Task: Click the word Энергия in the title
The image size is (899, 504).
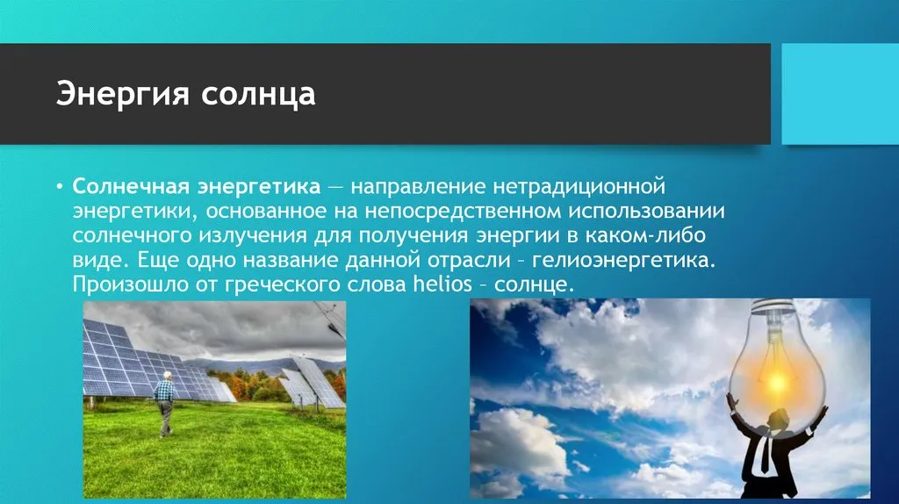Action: point(122,94)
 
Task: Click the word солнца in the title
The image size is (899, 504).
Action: point(258,95)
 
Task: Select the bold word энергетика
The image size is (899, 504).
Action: point(259,187)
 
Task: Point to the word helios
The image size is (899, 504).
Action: point(442,284)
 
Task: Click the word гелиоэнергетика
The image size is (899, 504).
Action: point(624,260)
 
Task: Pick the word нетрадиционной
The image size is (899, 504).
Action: point(579,187)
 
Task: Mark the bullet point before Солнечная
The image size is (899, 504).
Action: point(59,187)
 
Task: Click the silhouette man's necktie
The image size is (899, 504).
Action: point(765,456)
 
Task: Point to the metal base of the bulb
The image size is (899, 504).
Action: point(775,307)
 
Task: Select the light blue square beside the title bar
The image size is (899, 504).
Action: point(840,94)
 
